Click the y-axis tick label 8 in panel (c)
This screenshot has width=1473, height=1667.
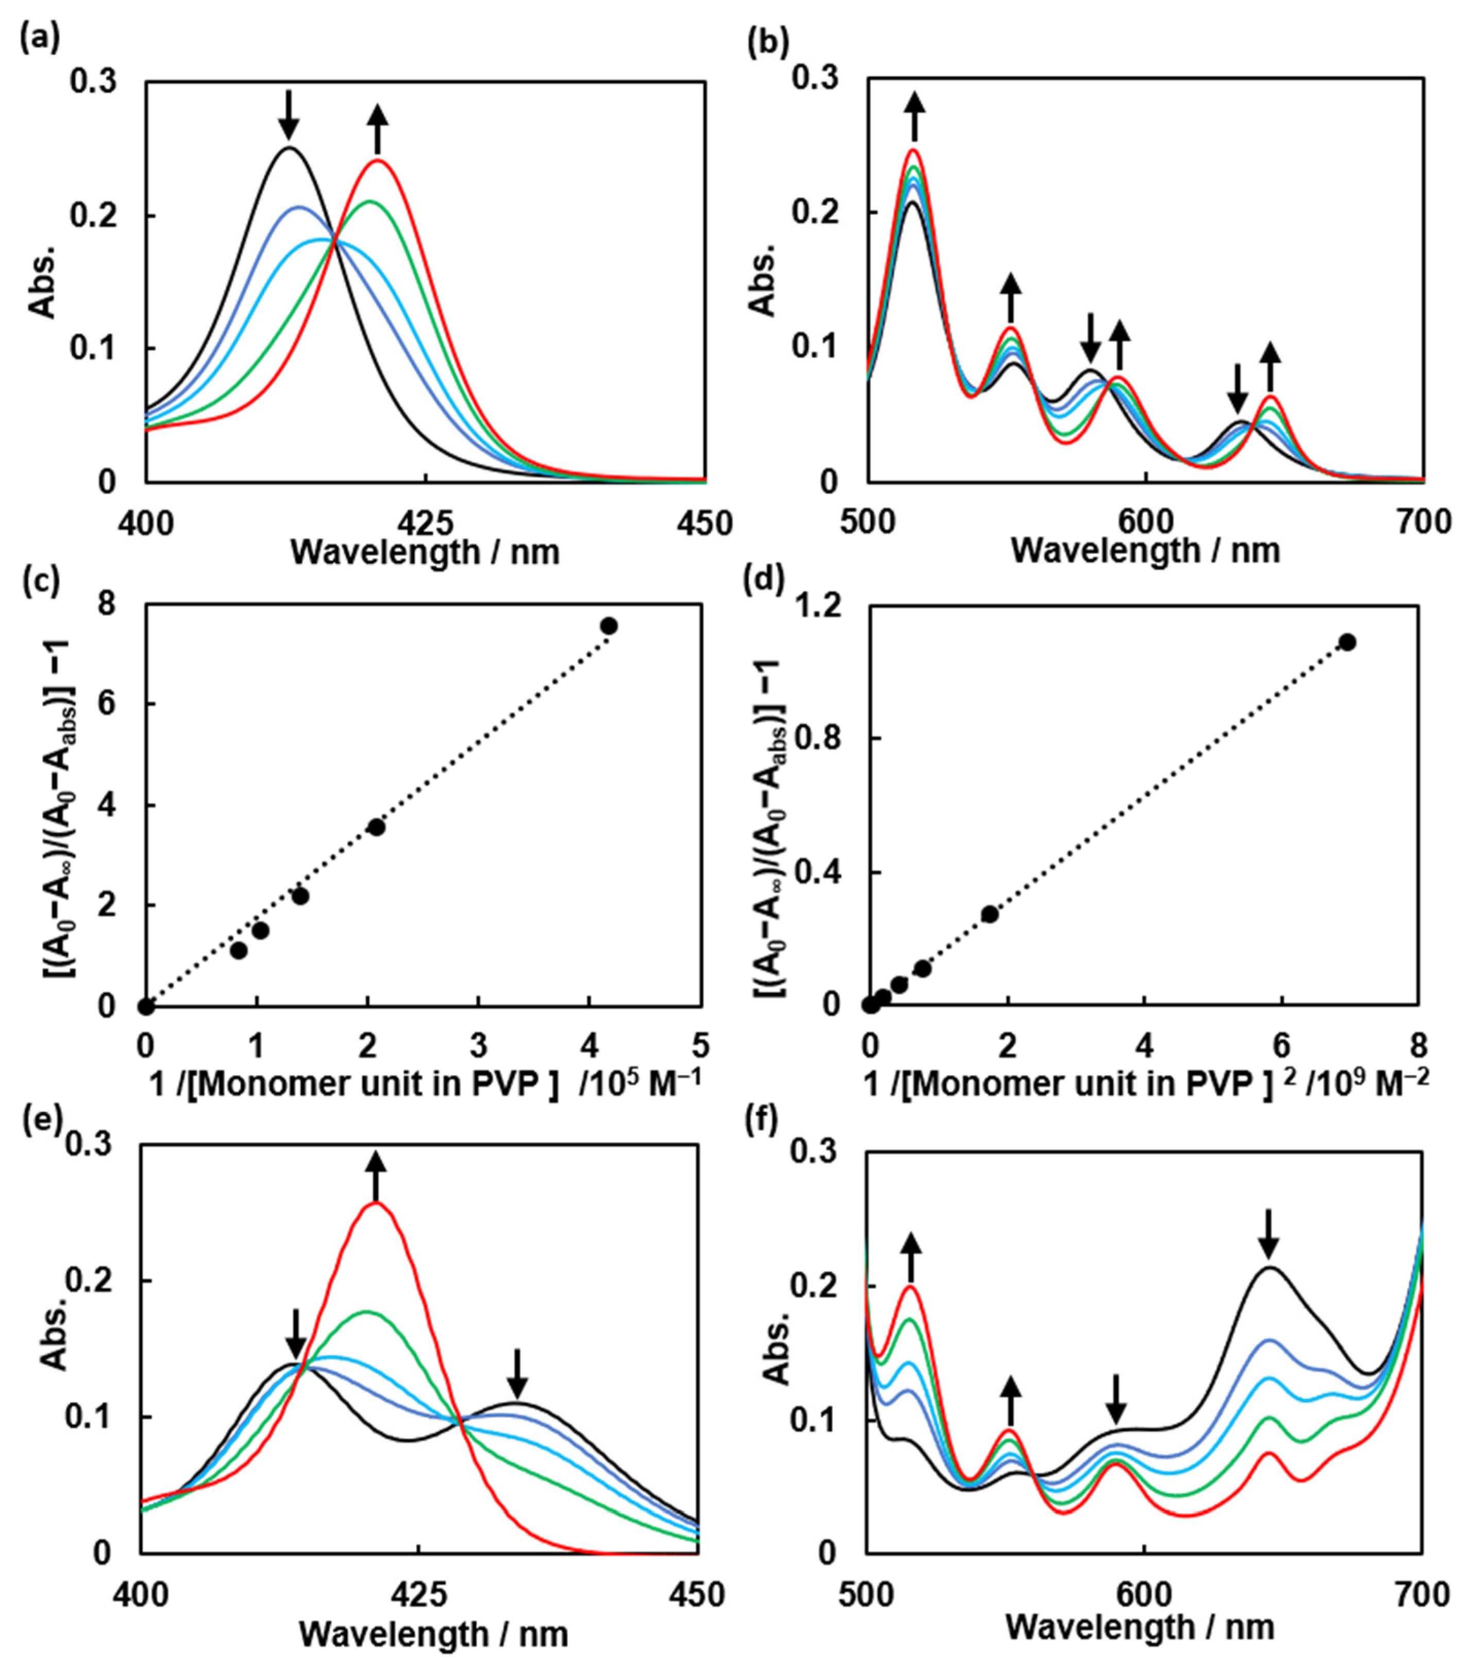pos(106,603)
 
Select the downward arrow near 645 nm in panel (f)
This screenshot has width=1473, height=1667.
pos(1267,1256)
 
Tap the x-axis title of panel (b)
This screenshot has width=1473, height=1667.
pos(1145,552)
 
